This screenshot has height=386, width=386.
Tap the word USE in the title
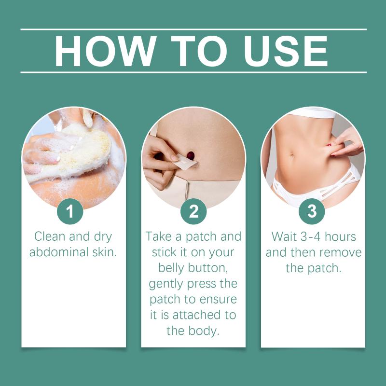click(286, 51)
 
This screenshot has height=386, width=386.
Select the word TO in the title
click(199, 51)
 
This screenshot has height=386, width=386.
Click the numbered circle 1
click(70, 211)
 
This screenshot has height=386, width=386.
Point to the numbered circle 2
click(193, 211)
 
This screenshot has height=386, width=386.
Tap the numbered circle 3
click(312, 211)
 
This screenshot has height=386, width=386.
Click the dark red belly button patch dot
click(191, 155)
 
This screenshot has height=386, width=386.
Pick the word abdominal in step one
click(59, 252)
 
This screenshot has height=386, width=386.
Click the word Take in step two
click(159, 236)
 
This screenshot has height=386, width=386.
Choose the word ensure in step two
click(218, 300)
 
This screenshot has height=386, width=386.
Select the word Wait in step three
click(284, 236)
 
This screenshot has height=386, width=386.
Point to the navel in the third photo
click(292, 155)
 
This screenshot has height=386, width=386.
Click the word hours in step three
click(340, 236)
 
